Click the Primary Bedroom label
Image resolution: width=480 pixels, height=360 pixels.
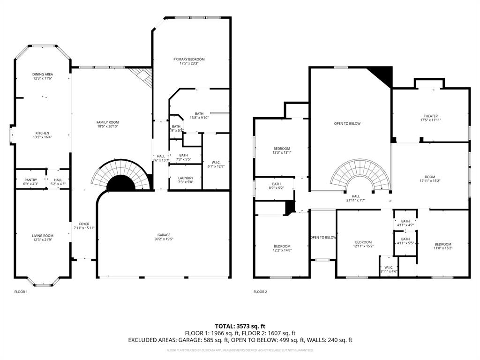(x=189, y=59)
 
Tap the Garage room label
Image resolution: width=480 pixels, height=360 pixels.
(x=164, y=235)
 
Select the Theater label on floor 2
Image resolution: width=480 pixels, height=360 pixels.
(x=430, y=116)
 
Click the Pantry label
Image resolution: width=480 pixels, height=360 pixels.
(x=30, y=180)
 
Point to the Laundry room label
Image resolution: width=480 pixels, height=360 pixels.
(x=185, y=178)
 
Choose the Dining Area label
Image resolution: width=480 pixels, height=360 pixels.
(x=42, y=74)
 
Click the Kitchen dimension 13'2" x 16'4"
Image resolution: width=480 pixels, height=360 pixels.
(x=42, y=137)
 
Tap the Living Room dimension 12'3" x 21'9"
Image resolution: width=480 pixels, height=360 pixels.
(x=42, y=240)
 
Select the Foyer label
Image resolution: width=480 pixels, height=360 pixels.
(x=84, y=224)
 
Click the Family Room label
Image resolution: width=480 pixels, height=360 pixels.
(x=107, y=122)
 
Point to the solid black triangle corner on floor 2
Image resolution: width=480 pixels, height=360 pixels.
(x=382, y=75)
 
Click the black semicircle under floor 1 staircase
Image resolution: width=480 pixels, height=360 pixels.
(x=121, y=184)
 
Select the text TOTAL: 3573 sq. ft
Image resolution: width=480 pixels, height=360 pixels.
(x=240, y=326)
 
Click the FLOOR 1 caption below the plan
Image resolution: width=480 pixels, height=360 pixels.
(x=21, y=292)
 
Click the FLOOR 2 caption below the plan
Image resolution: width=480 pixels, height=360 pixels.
(x=260, y=292)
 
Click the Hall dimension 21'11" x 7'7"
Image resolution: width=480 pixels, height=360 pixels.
(x=356, y=200)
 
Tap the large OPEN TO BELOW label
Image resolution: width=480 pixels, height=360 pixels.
(x=347, y=123)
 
